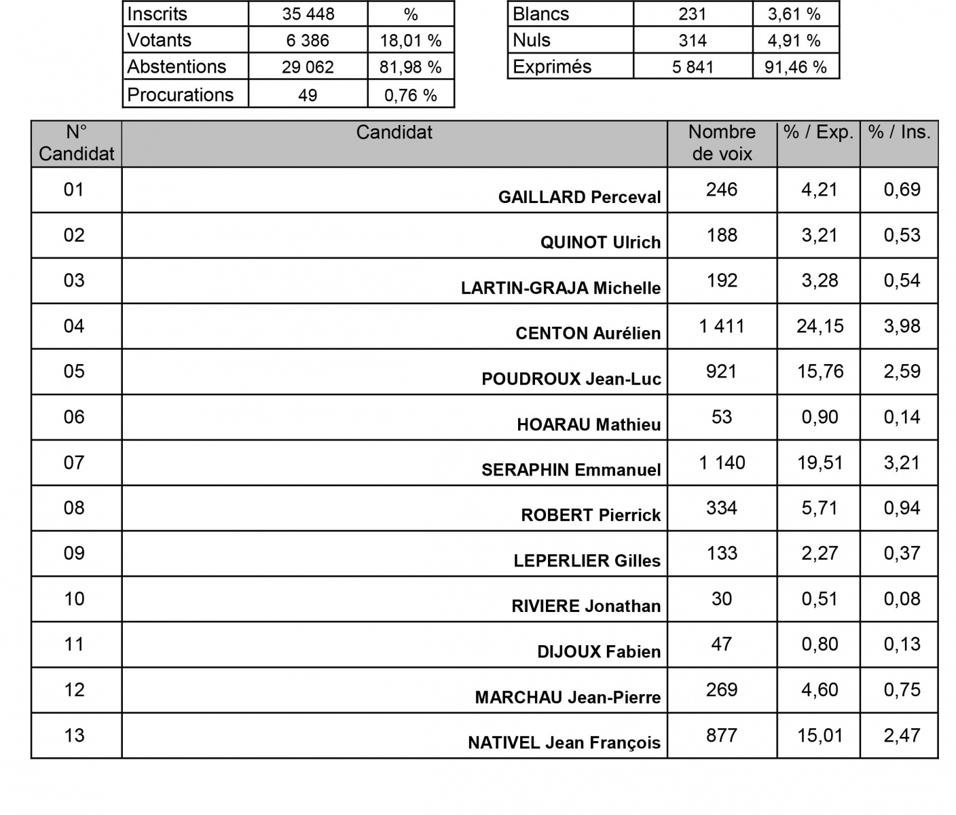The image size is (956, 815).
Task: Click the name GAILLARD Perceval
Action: (x=579, y=197)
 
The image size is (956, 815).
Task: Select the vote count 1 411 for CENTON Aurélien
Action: (x=721, y=326)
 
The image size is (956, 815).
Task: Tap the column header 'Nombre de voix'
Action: (x=721, y=143)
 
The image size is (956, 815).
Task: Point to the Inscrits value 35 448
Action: (x=308, y=14)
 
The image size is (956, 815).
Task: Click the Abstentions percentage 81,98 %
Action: (x=410, y=67)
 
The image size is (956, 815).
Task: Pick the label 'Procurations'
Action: (x=180, y=94)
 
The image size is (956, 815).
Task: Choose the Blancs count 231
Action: (x=692, y=14)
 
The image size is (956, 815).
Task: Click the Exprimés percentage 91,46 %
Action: (x=795, y=67)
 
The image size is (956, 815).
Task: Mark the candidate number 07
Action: (x=74, y=463)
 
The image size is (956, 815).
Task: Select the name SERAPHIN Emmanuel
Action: (x=571, y=470)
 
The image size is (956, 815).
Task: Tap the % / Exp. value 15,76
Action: (x=820, y=372)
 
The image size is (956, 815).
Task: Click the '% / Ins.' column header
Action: (x=899, y=132)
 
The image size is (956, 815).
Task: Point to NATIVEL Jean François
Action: (x=564, y=742)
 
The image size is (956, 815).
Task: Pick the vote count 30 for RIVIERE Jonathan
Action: (x=721, y=598)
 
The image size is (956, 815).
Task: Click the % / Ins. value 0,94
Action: (x=902, y=508)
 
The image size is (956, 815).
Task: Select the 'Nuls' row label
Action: (x=532, y=40)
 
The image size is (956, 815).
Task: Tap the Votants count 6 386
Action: (x=308, y=40)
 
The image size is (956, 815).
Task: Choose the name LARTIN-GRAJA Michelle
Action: (x=560, y=288)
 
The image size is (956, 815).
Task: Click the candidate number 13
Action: (x=74, y=735)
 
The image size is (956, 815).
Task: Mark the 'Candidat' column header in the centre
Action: (x=394, y=132)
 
